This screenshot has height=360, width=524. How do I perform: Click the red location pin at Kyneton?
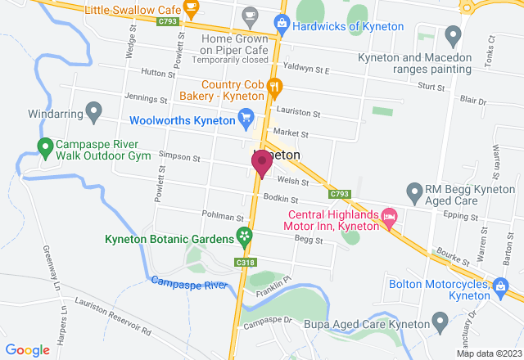coord(262,162)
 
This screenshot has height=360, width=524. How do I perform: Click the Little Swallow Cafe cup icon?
coord(192,10)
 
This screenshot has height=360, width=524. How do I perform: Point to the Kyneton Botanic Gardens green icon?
coord(244,238)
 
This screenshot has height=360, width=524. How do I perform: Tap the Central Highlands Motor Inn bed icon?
coord(389,218)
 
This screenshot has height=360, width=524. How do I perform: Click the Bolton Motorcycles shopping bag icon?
coord(499,286)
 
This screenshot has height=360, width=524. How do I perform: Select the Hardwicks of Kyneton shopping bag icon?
coord(282,25)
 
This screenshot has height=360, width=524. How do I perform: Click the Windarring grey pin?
coord(94,110)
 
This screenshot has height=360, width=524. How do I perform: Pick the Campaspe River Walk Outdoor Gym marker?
coord(46,148)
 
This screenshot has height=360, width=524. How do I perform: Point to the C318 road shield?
coord(242,263)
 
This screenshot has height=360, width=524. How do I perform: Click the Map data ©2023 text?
coord(488,353)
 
